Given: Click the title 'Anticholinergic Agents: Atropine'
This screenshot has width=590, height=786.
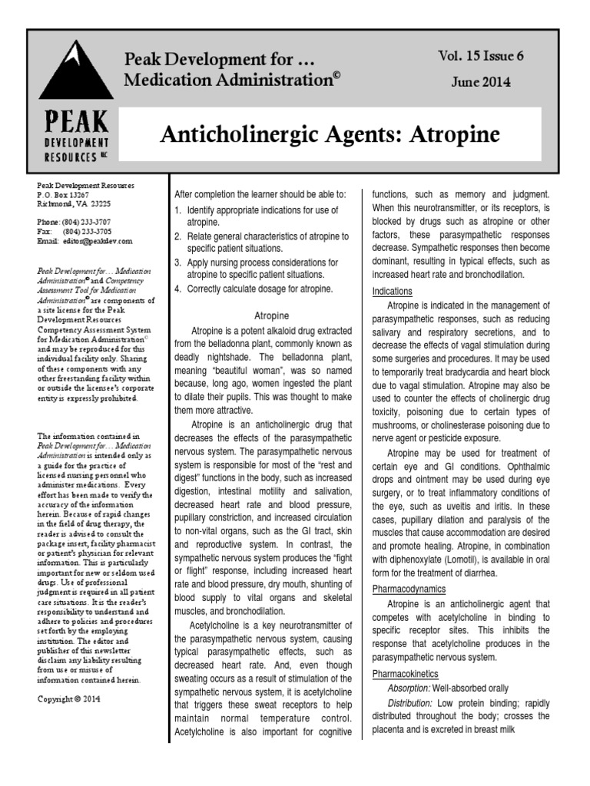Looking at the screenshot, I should click(x=330, y=135).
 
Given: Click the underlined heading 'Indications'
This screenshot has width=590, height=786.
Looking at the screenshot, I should click(x=393, y=292).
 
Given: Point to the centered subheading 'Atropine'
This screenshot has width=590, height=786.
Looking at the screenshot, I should click(x=270, y=315).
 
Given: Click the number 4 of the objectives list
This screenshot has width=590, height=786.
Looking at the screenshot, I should click(x=177, y=289).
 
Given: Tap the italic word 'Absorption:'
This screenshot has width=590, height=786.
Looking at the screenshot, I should click(x=413, y=688).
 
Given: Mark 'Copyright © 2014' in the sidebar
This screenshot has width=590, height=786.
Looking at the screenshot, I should click(x=68, y=699).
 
